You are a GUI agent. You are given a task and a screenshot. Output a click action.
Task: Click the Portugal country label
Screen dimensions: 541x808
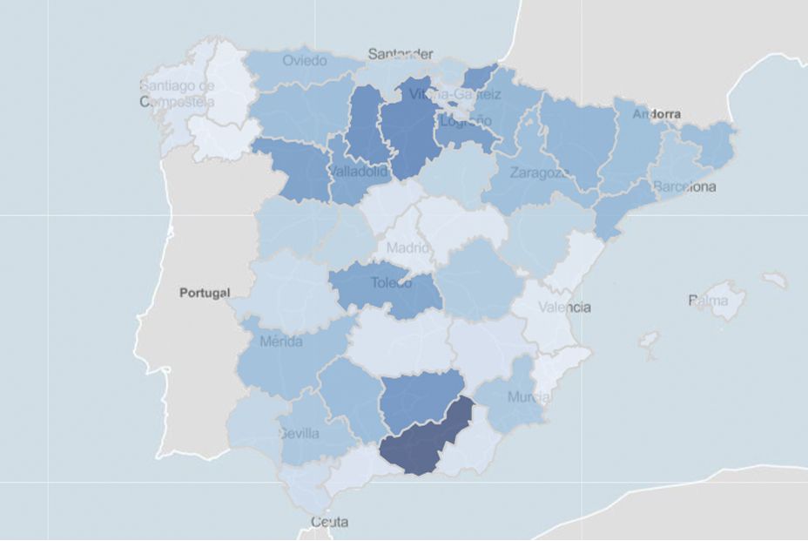click(x=204, y=293)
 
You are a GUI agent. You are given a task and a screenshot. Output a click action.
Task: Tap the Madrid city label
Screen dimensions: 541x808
click(x=407, y=247)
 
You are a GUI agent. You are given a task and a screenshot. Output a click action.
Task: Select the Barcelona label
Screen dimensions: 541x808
click(x=684, y=186)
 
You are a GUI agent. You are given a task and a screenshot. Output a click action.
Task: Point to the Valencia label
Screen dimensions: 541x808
click(x=564, y=307)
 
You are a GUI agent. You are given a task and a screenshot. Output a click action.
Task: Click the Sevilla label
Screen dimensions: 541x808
click(x=299, y=433)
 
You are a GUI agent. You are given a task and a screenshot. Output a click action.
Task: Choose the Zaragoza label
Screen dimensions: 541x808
click(x=539, y=172)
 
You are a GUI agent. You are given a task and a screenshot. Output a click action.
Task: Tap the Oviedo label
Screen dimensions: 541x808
click(x=305, y=60)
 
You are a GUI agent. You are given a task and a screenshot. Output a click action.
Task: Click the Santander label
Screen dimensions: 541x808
click(x=400, y=54)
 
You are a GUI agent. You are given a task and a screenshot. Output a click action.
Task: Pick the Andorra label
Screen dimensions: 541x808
click(x=656, y=114)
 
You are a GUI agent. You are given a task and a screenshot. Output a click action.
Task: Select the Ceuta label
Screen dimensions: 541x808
click(x=329, y=522)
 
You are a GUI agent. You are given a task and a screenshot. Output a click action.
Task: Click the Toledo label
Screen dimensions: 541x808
click(x=391, y=282)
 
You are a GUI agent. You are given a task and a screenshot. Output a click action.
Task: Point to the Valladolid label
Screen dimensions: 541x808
click(x=358, y=172)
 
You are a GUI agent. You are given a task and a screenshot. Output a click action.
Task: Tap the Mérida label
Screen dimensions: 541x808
click(x=280, y=342)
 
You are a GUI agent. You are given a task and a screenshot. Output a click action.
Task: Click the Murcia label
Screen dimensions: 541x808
click(x=529, y=397)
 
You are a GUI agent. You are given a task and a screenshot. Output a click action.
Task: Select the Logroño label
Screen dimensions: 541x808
click(x=466, y=121)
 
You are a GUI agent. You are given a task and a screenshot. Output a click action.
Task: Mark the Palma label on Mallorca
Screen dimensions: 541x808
click(x=708, y=301)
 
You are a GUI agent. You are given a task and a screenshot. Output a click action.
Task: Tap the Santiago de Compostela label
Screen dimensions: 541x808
click(x=177, y=93)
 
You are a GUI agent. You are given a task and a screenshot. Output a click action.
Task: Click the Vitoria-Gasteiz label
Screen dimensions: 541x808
click(x=455, y=93)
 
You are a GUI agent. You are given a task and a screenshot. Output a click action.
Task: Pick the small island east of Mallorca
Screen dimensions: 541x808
click(x=774, y=280)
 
